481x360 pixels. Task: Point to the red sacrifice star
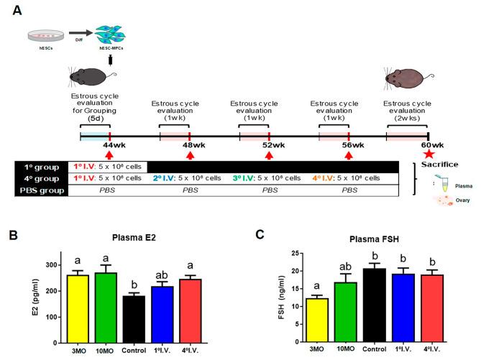[429, 152]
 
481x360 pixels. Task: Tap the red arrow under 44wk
[109, 154]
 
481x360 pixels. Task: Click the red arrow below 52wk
[269, 154]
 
